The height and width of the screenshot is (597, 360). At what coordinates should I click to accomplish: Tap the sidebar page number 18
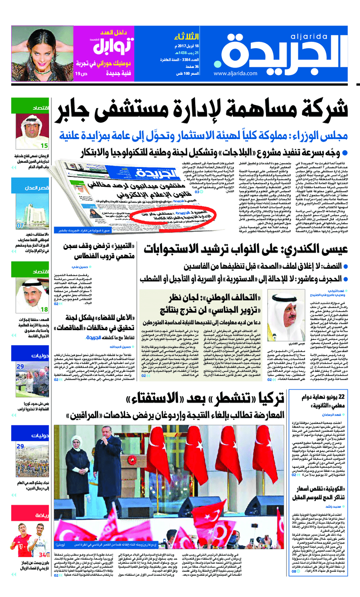pyautogui.click(x=45, y=309)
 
